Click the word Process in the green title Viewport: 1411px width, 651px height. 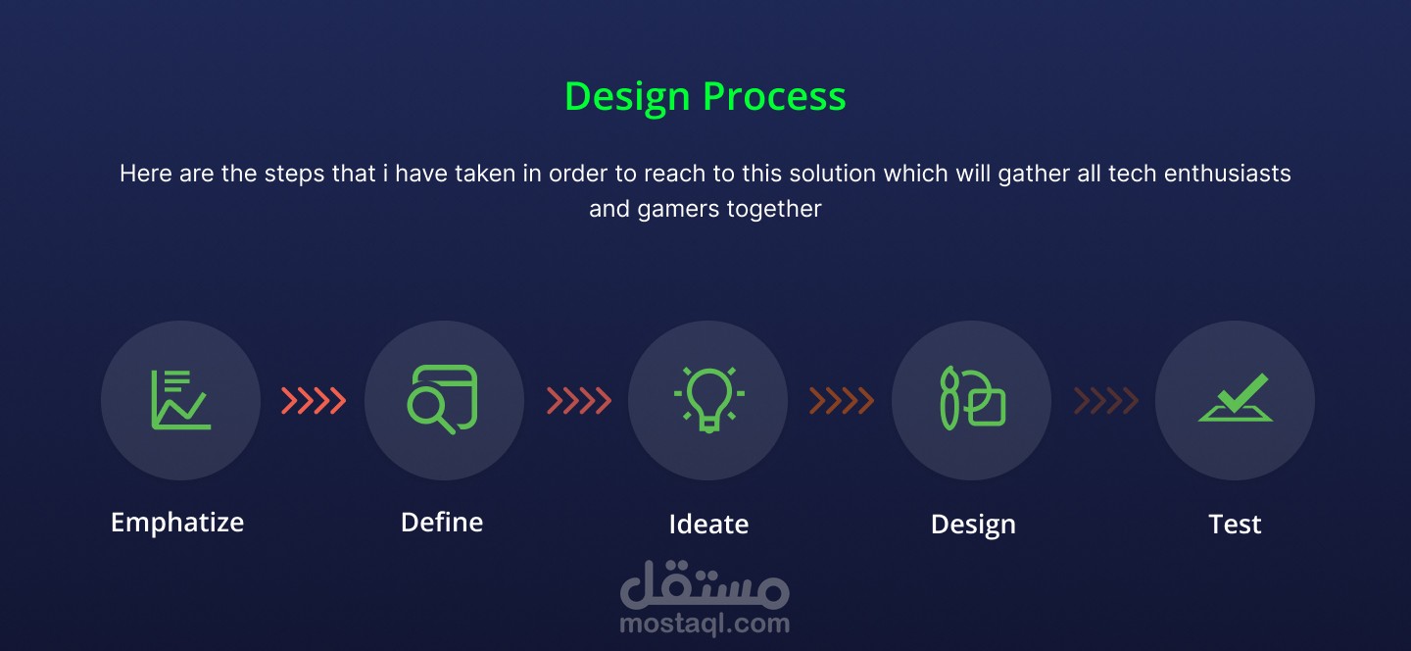[x=774, y=97]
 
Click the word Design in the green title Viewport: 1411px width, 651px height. [x=627, y=98]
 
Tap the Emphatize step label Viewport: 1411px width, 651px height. [x=177, y=523]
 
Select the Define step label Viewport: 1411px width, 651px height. [x=442, y=522]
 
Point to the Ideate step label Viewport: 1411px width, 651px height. [x=708, y=524]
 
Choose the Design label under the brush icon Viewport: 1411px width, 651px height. [x=973, y=525]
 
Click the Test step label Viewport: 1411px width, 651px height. [x=1235, y=524]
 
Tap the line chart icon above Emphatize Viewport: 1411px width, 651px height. [x=180, y=400]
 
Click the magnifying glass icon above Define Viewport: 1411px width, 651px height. [x=442, y=399]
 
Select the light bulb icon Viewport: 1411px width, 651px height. [x=708, y=399]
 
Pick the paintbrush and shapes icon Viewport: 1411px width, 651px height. [x=973, y=398]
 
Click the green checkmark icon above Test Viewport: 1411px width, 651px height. [x=1236, y=397]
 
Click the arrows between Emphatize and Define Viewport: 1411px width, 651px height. [x=314, y=401]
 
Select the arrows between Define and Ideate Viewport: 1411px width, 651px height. [x=579, y=401]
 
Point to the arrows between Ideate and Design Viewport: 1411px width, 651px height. [x=842, y=401]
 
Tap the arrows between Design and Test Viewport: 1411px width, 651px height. [x=1106, y=401]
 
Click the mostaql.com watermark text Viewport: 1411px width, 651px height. [x=705, y=624]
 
